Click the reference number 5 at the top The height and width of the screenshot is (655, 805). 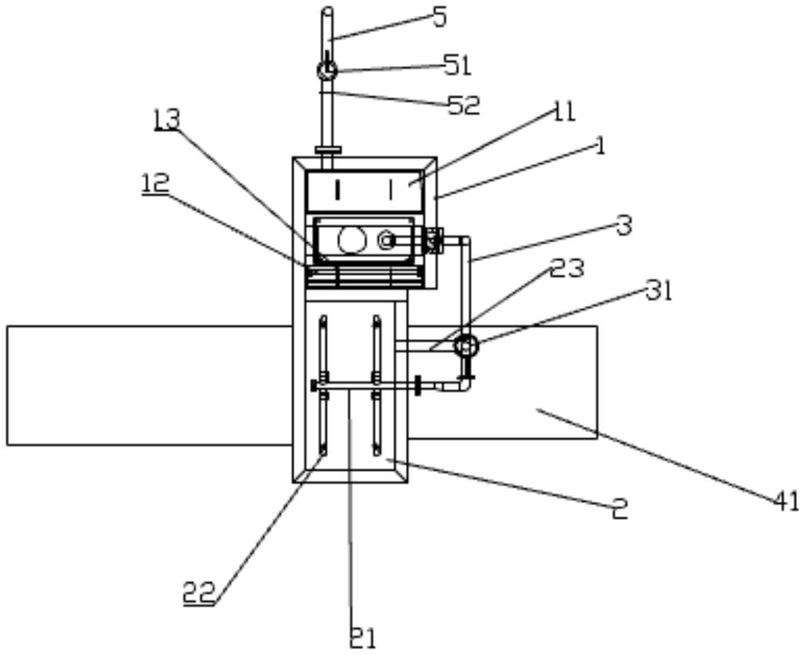tap(440, 18)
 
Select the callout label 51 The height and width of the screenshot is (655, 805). tap(458, 65)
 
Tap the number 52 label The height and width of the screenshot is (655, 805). tap(464, 105)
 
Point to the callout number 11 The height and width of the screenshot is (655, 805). tap(563, 111)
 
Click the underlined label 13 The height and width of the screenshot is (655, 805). tap(166, 120)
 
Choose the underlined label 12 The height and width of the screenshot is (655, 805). tap(155, 183)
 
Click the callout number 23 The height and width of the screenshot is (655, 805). tap(568, 268)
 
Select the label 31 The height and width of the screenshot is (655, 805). tap(658, 291)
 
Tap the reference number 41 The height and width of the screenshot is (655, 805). tap(786, 501)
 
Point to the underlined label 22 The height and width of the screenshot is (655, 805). tap(199, 592)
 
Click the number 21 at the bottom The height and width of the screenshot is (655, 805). tap(363, 638)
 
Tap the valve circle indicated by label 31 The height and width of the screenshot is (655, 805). tap(465, 345)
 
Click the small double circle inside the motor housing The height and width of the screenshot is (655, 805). tap(386, 241)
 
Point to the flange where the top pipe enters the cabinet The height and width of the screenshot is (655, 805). tap(327, 150)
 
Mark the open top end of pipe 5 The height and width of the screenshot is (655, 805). tap(327, 11)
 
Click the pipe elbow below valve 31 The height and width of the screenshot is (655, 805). tap(464, 385)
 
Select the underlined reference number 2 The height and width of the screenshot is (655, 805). tap(620, 510)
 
